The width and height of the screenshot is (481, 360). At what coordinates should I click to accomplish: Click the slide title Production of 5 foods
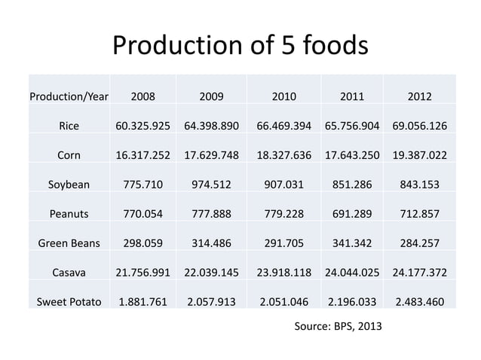click(240, 46)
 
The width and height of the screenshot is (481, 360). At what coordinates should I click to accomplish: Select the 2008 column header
click(143, 96)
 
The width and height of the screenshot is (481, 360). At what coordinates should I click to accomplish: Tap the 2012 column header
click(419, 96)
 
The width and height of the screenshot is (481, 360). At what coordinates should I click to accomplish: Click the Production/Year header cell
click(69, 96)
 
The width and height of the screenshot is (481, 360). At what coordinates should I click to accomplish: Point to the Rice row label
click(69, 126)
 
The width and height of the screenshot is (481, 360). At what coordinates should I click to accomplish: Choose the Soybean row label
click(69, 185)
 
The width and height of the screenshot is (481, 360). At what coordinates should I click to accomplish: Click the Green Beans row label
click(69, 243)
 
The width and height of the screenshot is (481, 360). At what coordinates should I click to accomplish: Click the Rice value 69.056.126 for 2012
click(419, 126)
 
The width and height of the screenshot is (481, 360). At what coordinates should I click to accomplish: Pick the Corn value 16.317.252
click(143, 155)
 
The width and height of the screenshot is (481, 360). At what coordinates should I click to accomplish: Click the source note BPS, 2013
click(337, 328)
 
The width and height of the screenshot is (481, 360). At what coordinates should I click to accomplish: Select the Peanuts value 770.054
click(143, 213)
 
